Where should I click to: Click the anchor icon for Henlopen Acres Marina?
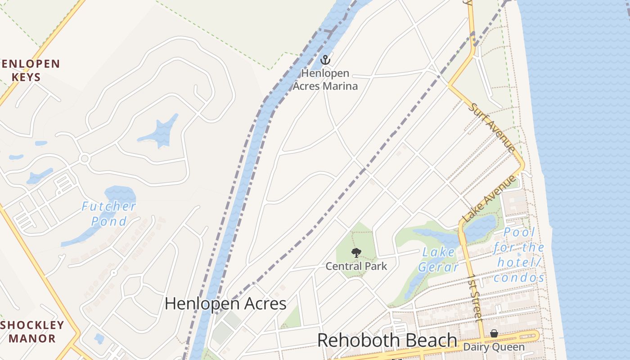coord(325,59)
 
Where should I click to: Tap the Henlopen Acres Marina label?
coord(325,79)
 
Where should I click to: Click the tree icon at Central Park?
coord(356,252)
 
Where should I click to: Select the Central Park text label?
coord(356,266)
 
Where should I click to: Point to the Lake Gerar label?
coord(438,260)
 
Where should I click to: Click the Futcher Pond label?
coord(109,214)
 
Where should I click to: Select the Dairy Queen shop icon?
coord(494,333)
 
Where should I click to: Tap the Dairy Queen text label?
coord(494,347)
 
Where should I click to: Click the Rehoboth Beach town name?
coord(387,341)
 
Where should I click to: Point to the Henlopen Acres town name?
coord(225,303)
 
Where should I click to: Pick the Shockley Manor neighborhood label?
coord(32,332)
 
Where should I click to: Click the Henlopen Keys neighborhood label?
coord(30,70)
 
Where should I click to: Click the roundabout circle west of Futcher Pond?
coord(84,158)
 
